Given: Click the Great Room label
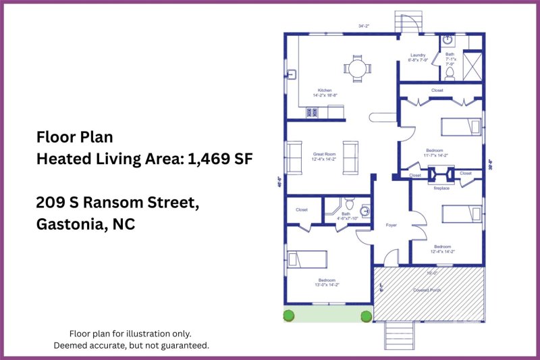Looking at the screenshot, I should click(x=324, y=153).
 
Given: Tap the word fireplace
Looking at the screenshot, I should click(x=441, y=188).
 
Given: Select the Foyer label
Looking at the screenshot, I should click(x=391, y=225).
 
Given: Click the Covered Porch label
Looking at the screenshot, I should click(x=428, y=290).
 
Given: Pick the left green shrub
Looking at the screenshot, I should click(x=288, y=315).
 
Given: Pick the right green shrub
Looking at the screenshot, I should click(x=366, y=315).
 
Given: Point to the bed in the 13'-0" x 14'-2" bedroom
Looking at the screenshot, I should click(x=307, y=259).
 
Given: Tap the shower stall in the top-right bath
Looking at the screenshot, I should click(x=475, y=66).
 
